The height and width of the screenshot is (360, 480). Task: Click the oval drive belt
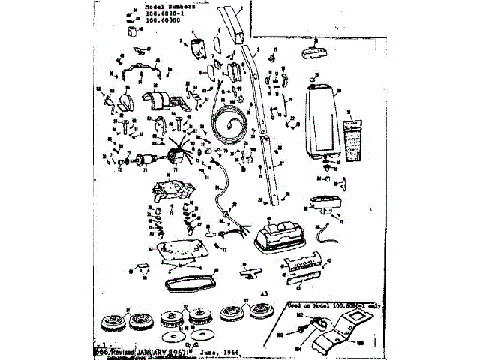187,283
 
